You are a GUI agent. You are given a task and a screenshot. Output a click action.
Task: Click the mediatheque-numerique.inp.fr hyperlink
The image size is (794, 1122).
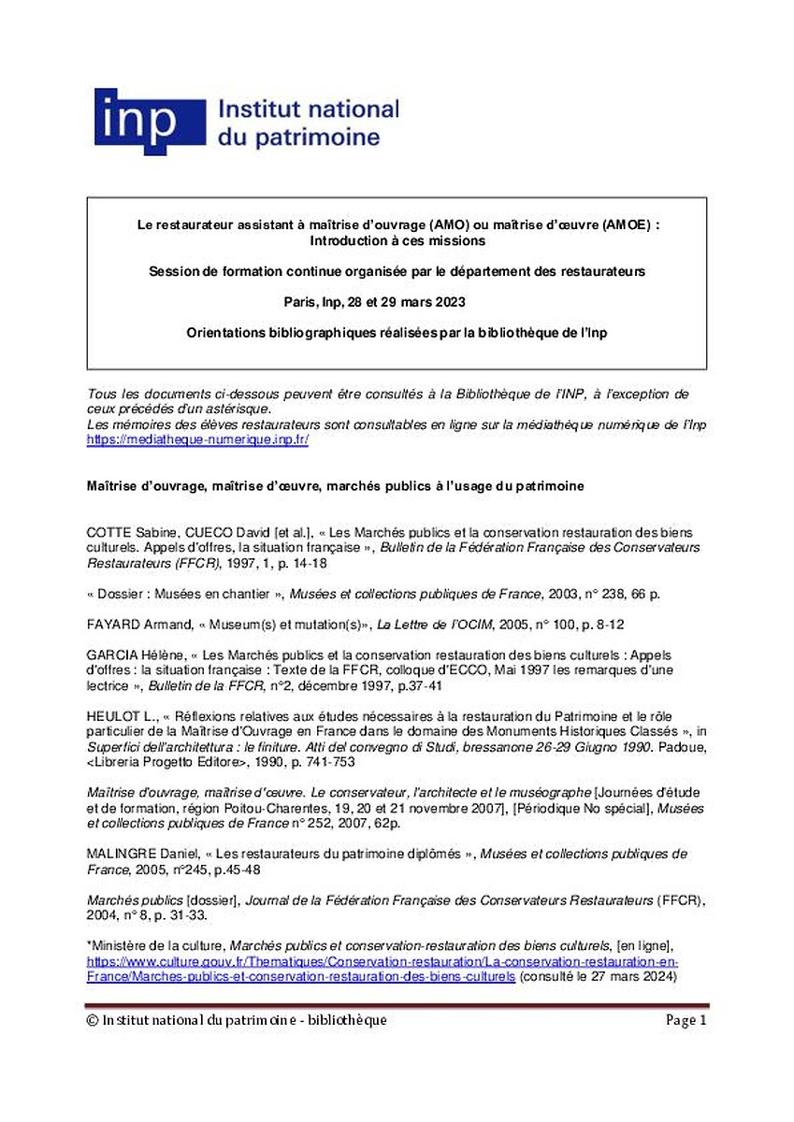197,439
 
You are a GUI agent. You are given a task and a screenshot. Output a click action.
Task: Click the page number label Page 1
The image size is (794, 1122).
686,1020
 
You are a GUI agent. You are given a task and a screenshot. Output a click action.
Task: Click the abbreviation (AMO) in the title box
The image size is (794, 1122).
454,225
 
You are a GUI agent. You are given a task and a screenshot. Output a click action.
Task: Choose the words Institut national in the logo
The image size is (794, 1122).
308,110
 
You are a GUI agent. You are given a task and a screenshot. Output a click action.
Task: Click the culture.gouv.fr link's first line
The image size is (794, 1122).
383,962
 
